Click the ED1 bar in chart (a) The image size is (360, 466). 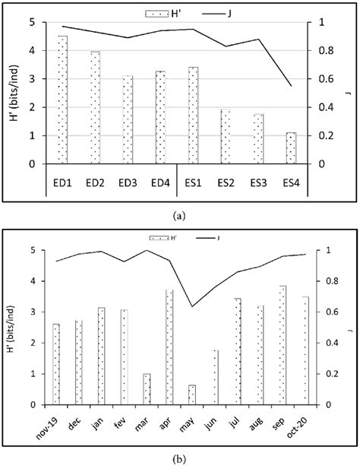(x=62, y=100)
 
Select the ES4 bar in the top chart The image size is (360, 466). (x=291, y=148)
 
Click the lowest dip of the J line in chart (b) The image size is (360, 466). (x=192, y=306)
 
